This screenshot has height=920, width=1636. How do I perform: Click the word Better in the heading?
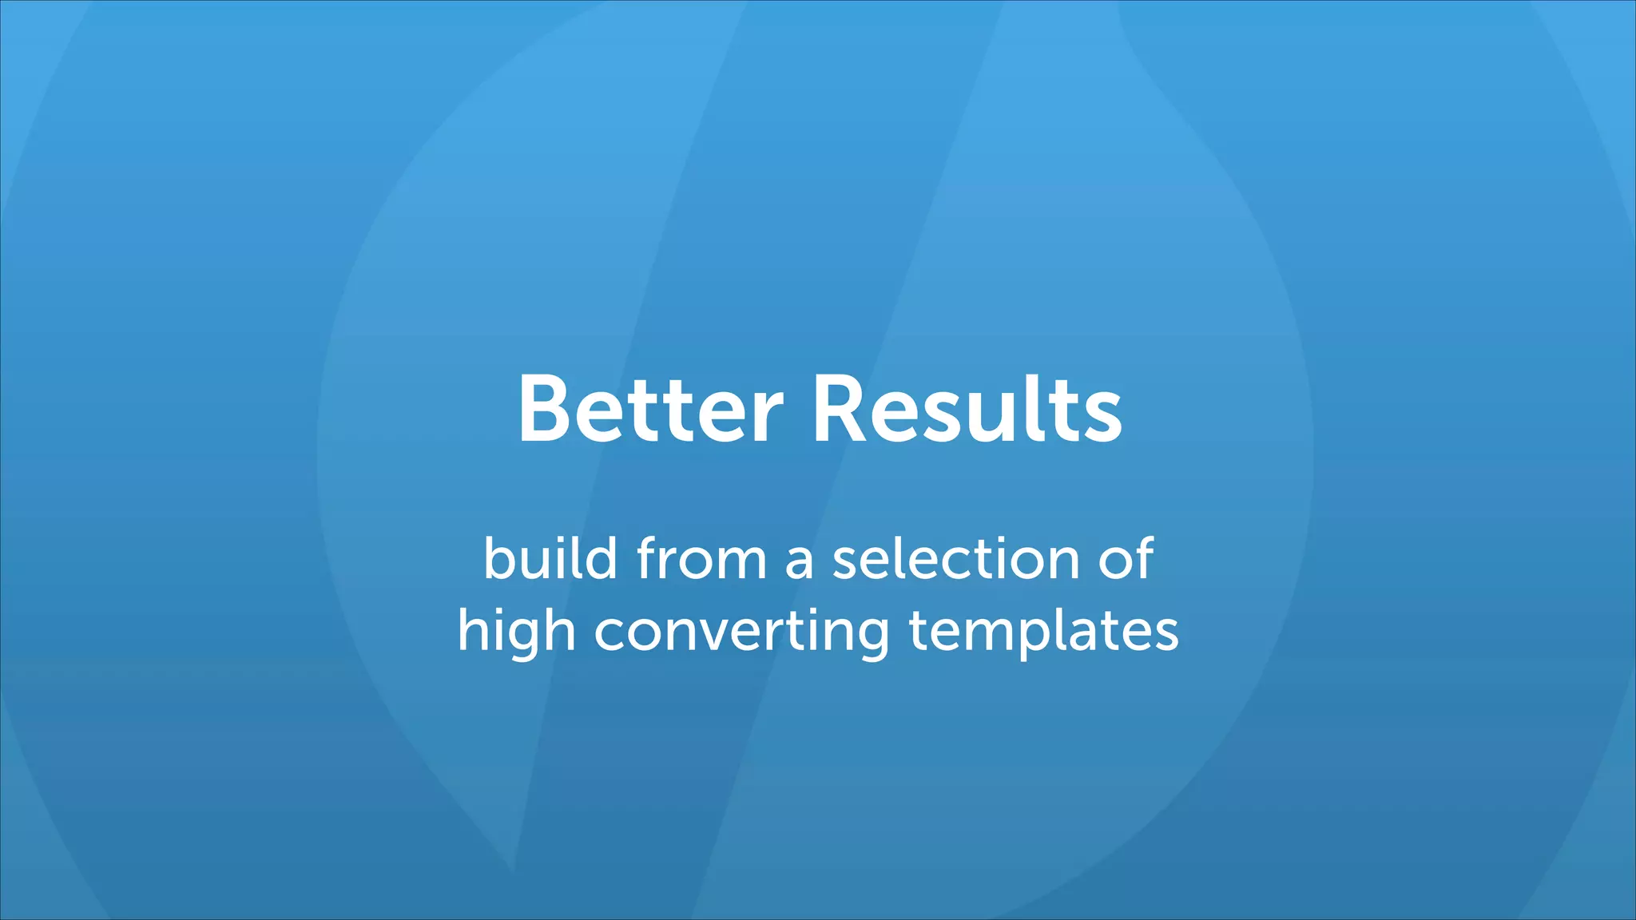click(650, 409)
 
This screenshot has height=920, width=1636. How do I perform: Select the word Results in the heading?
click(967, 409)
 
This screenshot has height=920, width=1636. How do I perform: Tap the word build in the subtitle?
click(550, 558)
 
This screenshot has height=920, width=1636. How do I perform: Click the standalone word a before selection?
click(799, 561)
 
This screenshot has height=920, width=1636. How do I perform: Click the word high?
click(516, 631)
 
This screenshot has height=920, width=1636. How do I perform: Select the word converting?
click(741, 631)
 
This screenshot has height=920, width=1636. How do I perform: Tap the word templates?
click(1043, 631)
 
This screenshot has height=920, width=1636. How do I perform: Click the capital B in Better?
click(547, 409)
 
